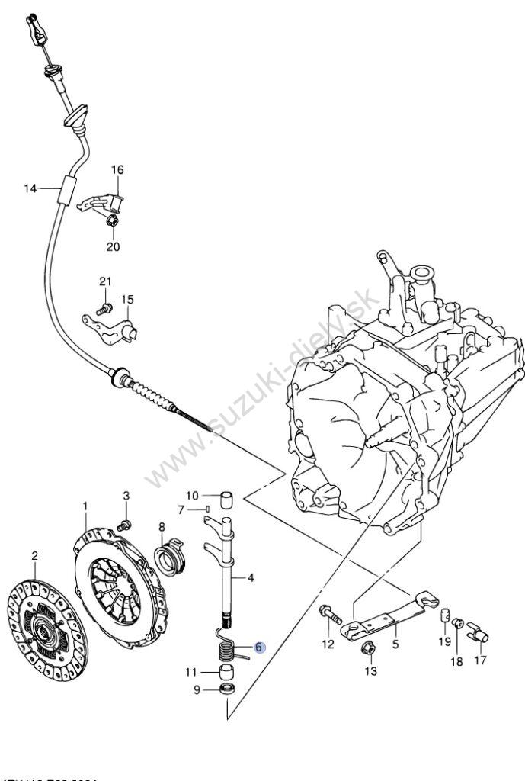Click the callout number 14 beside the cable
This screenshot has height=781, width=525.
(x=30, y=188)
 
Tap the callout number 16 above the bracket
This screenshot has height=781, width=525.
(x=118, y=169)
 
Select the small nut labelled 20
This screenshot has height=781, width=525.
(x=113, y=222)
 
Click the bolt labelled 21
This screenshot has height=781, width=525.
(x=104, y=309)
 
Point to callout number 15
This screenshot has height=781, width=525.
(x=126, y=299)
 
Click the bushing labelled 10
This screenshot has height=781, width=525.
(x=226, y=500)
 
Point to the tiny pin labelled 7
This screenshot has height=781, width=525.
(x=207, y=509)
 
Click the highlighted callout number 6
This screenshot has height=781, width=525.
(x=258, y=648)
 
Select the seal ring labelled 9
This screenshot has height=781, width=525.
(x=226, y=690)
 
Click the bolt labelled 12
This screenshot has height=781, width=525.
(x=329, y=612)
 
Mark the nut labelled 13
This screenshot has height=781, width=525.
(x=365, y=649)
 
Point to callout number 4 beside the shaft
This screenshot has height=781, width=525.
(x=251, y=578)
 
